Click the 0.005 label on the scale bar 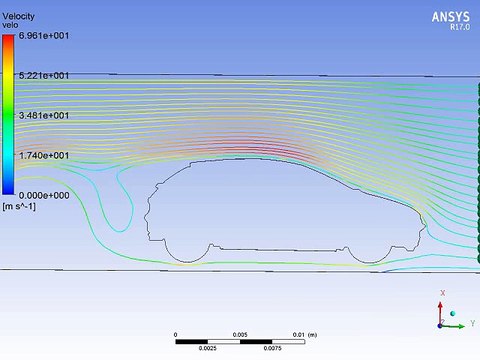pyautogui.click(x=239, y=334)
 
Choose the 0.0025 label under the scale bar pyautogui.click(x=207, y=350)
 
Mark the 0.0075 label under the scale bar pyautogui.click(x=271, y=350)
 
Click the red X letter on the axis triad pyautogui.click(x=442, y=293)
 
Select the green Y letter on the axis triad pyautogui.click(x=471, y=324)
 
